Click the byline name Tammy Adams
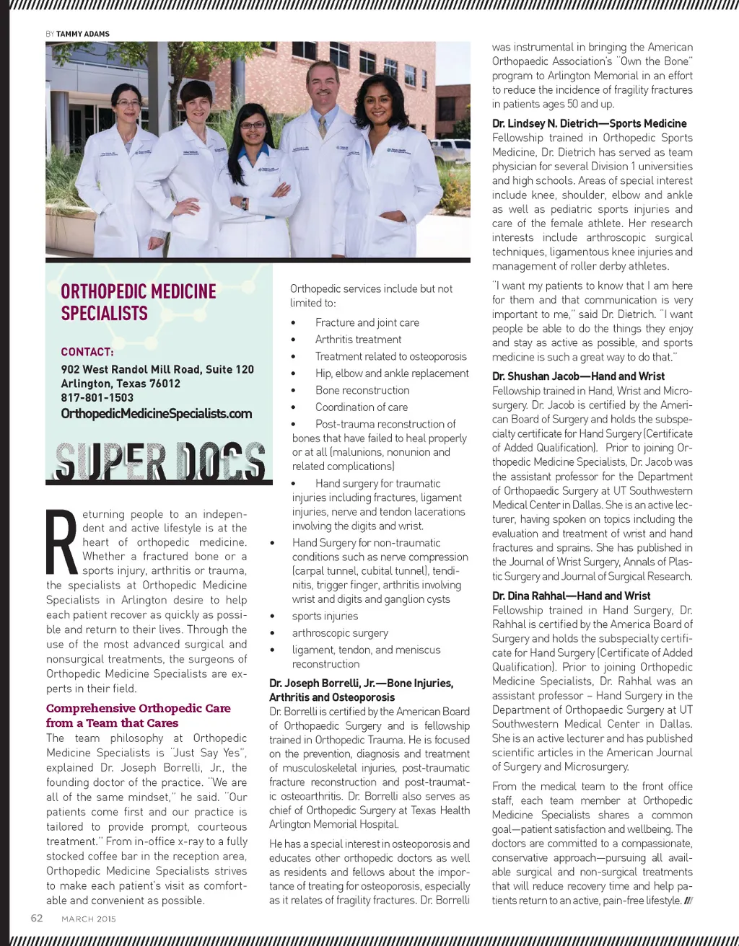pyautogui.click(x=83, y=34)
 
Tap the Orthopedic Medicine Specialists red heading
pyautogui.click(x=139, y=302)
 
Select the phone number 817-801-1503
pyautogui.click(x=97, y=397)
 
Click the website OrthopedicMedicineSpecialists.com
pyautogui.click(x=157, y=414)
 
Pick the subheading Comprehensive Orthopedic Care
pyautogui.click(x=138, y=708)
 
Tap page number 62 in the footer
pyautogui.click(x=37, y=918)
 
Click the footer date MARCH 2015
pyautogui.click(x=89, y=919)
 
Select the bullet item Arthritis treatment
pyautogui.click(x=358, y=340)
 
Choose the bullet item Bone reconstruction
pyautogui.click(x=362, y=390)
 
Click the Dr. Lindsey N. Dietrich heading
pyautogui.click(x=589, y=123)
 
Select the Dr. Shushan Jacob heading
pyautogui.click(x=578, y=376)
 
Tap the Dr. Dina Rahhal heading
pyautogui.click(x=571, y=596)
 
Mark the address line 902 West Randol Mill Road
pyautogui.click(x=157, y=369)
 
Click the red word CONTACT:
pyautogui.click(x=87, y=352)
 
